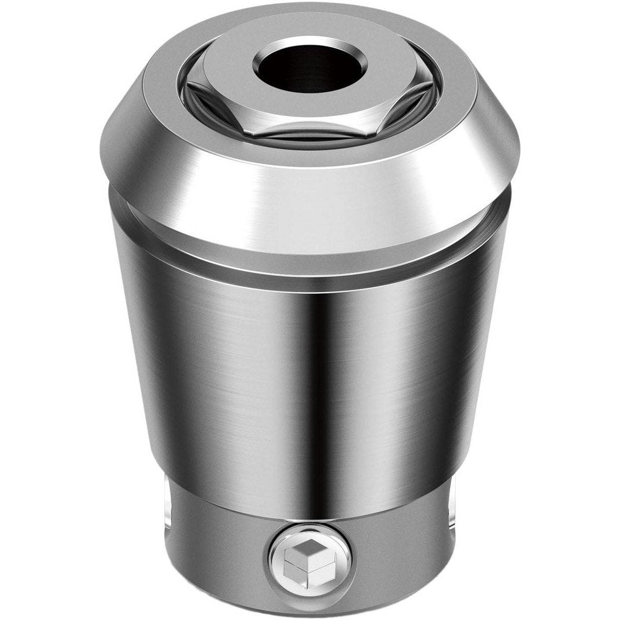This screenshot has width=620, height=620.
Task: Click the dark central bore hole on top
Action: [x=310, y=68]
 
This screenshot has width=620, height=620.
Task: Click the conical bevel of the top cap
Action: [x=310, y=192]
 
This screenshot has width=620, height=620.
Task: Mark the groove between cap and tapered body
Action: [x=310, y=263]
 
